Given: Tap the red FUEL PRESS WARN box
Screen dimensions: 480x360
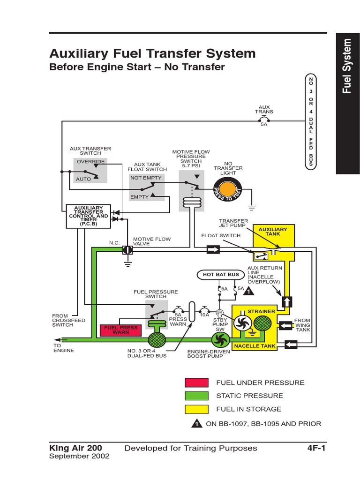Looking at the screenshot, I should tap(120, 330).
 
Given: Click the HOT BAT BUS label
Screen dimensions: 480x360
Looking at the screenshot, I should tap(221, 274).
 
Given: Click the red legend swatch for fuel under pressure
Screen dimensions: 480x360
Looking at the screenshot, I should tap(197, 382).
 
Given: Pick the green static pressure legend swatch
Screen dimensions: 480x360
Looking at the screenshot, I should tap(197, 396).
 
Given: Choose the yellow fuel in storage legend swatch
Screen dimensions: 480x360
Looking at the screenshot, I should tap(197, 409).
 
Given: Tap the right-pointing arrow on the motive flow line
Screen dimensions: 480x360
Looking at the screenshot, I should tap(213, 250).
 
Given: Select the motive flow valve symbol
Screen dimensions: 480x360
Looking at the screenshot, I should tap(127, 250).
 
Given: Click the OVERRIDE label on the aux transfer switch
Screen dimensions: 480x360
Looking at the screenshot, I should tap(91, 162).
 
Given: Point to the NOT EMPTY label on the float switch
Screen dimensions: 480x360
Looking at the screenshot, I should tap(146, 178).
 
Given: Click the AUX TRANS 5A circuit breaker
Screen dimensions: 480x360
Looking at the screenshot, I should tap(264, 120).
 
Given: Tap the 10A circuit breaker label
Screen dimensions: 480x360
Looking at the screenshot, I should tap(204, 315).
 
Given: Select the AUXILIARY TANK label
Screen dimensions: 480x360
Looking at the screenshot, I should tap(273, 232).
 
